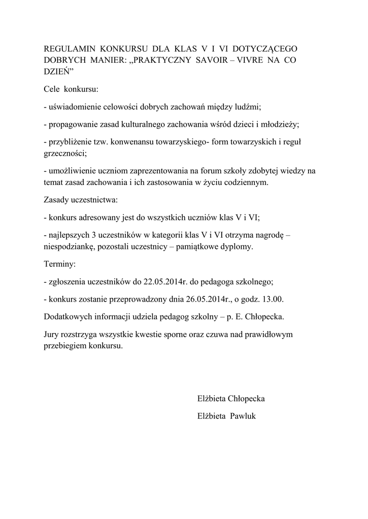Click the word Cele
pos(53,90)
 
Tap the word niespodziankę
pos(69,247)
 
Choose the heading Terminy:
pos(60,264)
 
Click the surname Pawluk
pos(244,416)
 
